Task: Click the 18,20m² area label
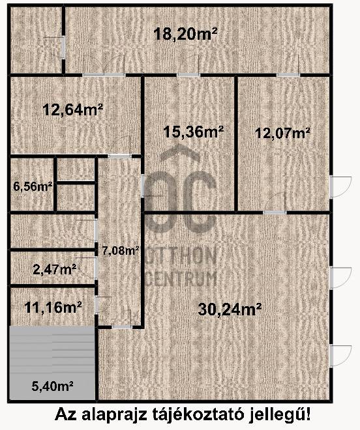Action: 185,34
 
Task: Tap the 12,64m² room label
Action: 73,109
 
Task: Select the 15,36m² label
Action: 193,132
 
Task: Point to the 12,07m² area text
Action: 283,134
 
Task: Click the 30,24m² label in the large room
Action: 230,309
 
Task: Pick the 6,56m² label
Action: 33,187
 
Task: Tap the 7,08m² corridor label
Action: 120,250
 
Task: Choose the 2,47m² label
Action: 54,269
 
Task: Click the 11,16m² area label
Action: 53,307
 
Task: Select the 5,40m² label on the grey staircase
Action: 52,386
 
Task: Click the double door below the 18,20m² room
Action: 104,74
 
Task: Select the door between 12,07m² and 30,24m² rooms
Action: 275,212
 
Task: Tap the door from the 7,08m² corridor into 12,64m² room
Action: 120,156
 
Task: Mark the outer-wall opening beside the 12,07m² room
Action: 331,187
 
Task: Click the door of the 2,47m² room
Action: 96,268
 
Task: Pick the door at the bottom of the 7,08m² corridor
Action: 122,326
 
